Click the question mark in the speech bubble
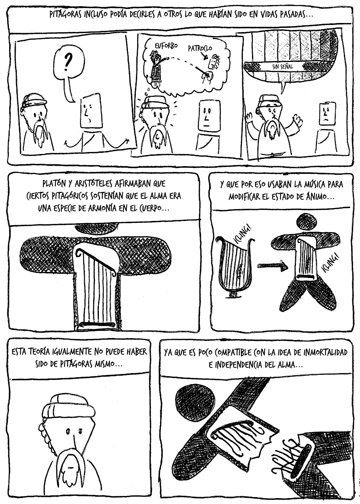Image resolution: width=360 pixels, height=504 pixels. click(x=66, y=62)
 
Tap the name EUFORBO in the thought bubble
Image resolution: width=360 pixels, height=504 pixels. click(x=166, y=46)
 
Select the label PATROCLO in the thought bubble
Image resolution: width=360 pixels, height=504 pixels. click(x=200, y=48)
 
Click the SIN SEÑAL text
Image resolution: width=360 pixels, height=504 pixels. click(x=283, y=67)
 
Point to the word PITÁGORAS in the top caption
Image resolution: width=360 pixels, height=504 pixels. click(x=65, y=15)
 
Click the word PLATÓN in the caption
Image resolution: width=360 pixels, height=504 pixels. click(x=54, y=184)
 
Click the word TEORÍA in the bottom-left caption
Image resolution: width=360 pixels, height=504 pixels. click(x=40, y=352)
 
